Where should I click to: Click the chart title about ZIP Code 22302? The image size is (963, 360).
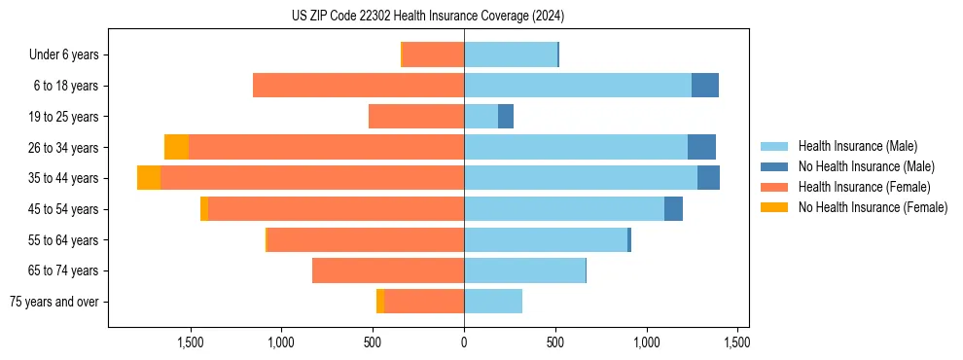427,17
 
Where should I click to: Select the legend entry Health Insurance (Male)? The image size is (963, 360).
857,146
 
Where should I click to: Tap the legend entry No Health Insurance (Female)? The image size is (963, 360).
873,207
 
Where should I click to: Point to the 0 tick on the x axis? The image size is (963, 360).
464,342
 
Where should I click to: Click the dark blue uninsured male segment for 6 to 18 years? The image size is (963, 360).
705,86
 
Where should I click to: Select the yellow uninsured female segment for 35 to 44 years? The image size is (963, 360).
149,178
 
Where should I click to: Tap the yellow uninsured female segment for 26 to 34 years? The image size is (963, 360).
176,147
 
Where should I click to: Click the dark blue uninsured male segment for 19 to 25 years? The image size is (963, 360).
506,117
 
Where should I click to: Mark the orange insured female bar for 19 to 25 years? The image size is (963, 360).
416,117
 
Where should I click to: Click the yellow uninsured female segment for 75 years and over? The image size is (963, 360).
380,302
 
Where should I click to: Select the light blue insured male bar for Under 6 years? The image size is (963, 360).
511,54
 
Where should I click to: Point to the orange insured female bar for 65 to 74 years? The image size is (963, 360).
388,270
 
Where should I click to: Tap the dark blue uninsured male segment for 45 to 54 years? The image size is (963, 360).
673,209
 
